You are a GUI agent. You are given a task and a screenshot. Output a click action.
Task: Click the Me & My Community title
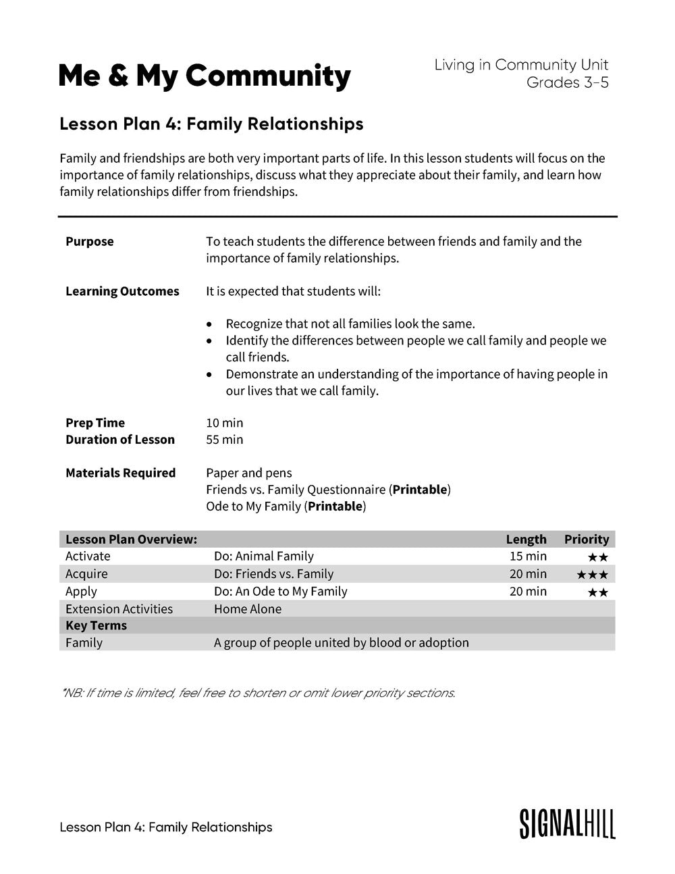pyautogui.click(x=205, y=76)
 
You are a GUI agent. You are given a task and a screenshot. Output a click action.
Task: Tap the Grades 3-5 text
pyautogui.click(x=567, y=82)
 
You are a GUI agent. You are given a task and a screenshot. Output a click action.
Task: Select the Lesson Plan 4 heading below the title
pyautogui.click(x=211, y=124)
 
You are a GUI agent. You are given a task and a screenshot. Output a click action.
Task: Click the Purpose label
pyautogui.click(x=90, y=241)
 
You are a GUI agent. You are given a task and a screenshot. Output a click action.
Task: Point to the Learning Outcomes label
pyautogui.click(x=122, y=291)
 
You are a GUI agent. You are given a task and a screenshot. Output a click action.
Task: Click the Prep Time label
pyautogui.click(x=95, y=423)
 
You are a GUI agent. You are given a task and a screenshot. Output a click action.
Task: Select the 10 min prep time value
pyautogui.click(x=224, y=423)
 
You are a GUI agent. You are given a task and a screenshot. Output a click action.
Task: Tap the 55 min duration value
pyautogui.click(x=224, y=440)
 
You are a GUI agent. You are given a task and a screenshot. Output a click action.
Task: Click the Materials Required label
pyautogui.click(x=120, y=473)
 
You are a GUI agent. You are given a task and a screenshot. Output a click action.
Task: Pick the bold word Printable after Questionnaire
pyautogui.click(x=420, y=490)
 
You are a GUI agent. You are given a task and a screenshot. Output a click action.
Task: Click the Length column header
pyautogui.click(x=526, y=539)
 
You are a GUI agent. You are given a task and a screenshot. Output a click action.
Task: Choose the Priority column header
pyautogui.click(x=586, y=539)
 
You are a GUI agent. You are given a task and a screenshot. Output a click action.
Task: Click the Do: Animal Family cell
pyautogui.click(x=263, y=556)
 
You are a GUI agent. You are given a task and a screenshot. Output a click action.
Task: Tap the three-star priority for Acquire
pyautogui.click(x=592, y=575)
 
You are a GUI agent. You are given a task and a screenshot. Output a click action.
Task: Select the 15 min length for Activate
pyautogui.click(x=528, y=556)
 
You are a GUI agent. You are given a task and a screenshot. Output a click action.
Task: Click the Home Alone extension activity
pyautogui.click(x=248, y=609)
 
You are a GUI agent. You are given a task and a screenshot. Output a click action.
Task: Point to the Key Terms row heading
pyautogui.click(x=96, y=625)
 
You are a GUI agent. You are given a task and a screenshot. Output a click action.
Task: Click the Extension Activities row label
pyautogui.click(x=119, y=609)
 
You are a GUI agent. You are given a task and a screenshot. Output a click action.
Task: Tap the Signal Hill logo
pyautogui.click(x=567, y=823)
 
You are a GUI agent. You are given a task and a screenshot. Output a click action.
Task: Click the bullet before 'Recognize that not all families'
pyautogui.click(x=211, y=324)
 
